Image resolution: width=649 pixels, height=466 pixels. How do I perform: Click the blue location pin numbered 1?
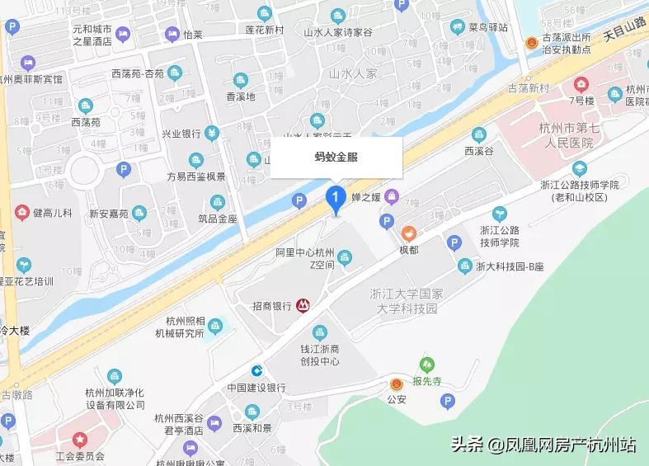click(335, 199)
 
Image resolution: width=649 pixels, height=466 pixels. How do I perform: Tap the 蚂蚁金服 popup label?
click(336, 157)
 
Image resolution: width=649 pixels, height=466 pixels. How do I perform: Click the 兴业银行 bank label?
click(181, 134)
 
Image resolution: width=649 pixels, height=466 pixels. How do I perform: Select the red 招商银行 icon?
click(303, 305)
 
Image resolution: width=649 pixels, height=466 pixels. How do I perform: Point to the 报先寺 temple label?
click(427, 381)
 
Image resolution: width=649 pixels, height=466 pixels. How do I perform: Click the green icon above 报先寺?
click(426, 364)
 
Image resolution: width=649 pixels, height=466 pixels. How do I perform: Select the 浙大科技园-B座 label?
click(511, 266)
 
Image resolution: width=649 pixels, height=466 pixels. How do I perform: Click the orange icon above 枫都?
click(409, 233)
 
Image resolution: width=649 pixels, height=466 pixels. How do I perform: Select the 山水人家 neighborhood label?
click(352, 73)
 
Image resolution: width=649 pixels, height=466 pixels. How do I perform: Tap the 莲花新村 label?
click(264, 31)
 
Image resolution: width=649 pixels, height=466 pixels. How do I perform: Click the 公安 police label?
click(397, 400)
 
